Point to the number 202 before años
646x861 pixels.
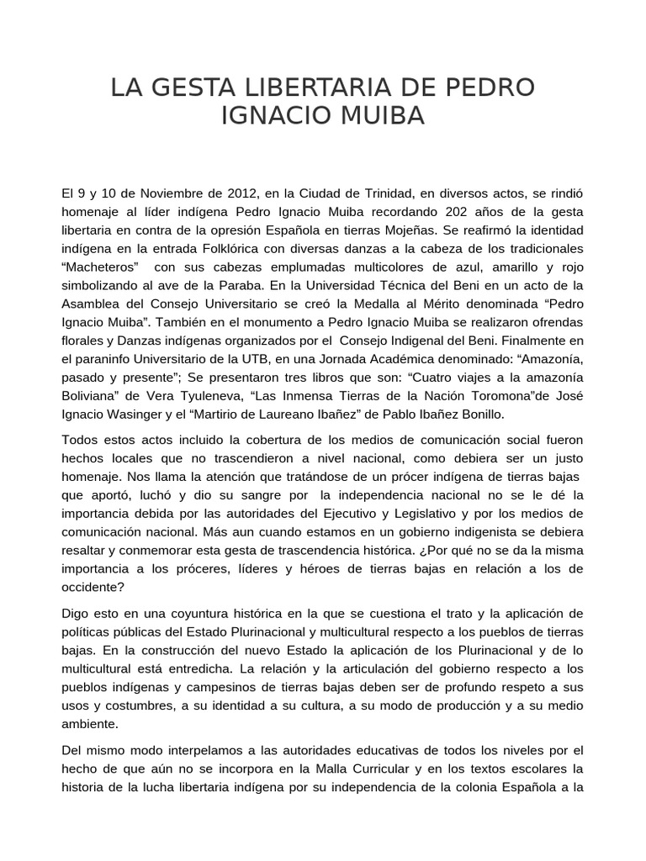coord(445,211)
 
